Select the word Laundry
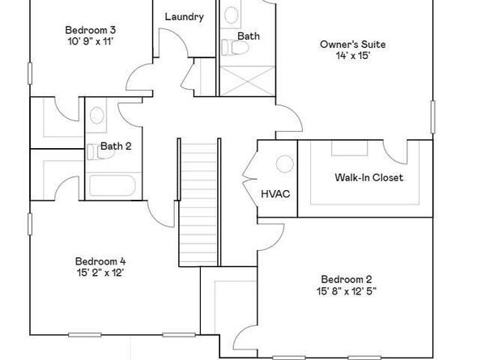click(x=185, y=17)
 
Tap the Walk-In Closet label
click(x=368, y=178)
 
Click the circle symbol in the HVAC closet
click(x=285, y=164)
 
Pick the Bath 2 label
click(x=115, y=146)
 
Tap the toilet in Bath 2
click(x=92, y=150)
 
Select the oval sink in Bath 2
click(x=97, y=117)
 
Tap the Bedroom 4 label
click(x=100, y=261)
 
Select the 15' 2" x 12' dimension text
click(x=100, y=273)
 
